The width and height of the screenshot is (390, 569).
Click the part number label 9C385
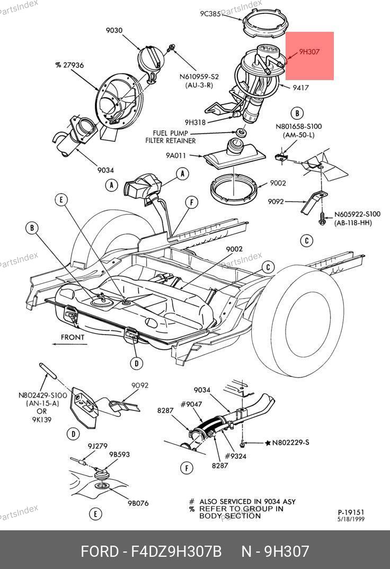click(210, 14)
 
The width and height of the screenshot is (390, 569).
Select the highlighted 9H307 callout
click(309, 52)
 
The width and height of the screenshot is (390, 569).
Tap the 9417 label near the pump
click(301, 88)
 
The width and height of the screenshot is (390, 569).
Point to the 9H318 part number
click(195, 122)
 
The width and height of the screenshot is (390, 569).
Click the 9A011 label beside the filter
click(175, 156)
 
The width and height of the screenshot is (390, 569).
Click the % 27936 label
click(69, 65)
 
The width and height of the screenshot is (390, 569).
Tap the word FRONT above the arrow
click(73, 337)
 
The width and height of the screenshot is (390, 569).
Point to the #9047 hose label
click(191, 404)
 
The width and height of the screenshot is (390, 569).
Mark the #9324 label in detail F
click(235, 456)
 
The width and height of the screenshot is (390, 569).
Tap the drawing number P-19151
click(351, 512)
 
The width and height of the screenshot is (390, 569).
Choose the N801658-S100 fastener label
click(298, 127)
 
